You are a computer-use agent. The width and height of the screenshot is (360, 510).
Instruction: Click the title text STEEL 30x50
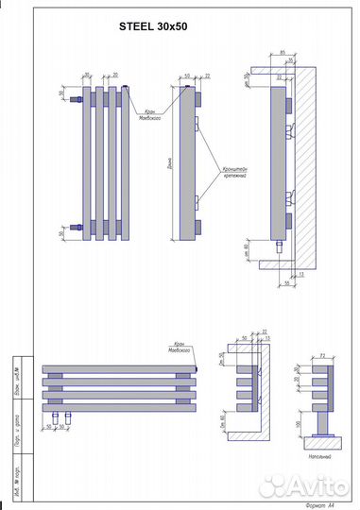(153, 27)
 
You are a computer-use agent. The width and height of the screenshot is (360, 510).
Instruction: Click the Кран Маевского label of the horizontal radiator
(180, 347)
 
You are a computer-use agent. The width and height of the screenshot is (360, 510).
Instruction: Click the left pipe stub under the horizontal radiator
(56, 415)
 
